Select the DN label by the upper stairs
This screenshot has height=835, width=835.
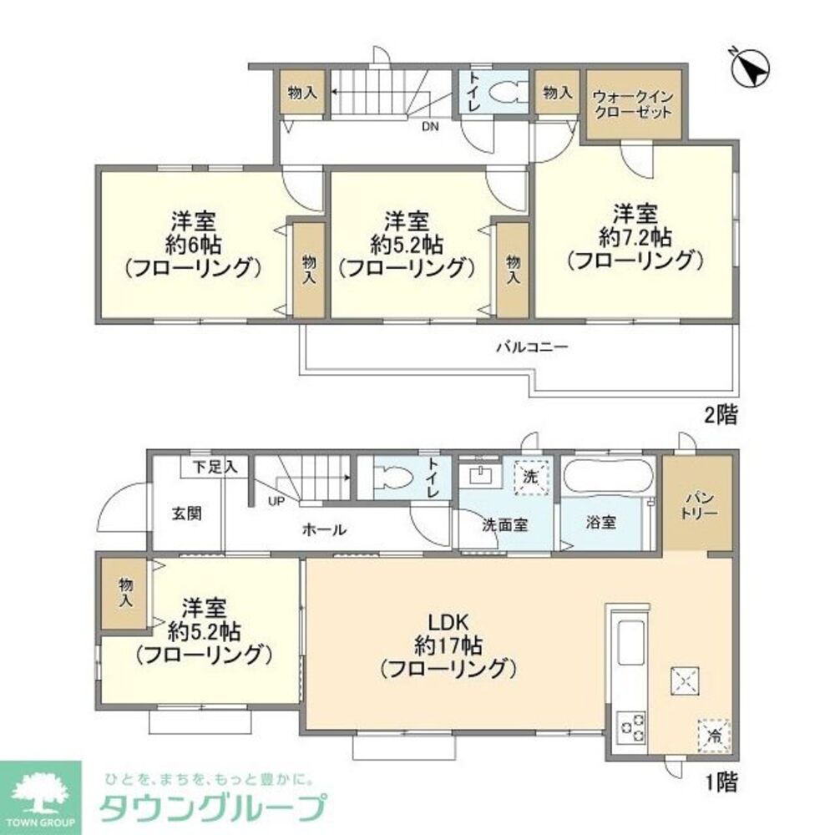coord(429,127)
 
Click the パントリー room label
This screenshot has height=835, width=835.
coord(698,504)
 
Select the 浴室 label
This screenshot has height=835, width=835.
coord(600,524)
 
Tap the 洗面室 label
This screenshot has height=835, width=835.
coord(504,526)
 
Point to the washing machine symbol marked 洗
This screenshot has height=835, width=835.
coord(532,477)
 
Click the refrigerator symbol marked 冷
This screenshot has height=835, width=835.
coord(714,735)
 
